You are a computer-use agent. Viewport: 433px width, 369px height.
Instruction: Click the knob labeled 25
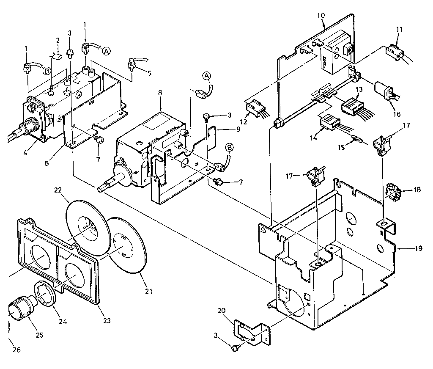pyautogui.click(x=20, y=310)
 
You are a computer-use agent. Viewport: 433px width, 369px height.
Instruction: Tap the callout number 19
pyautogui.click(x=418, y=248)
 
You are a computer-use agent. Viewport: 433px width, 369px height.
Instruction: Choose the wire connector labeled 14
pyautogui.click(x=330, y=122)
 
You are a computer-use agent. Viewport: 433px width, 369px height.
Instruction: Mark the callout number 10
pyautogui.click(x=321, y=15)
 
